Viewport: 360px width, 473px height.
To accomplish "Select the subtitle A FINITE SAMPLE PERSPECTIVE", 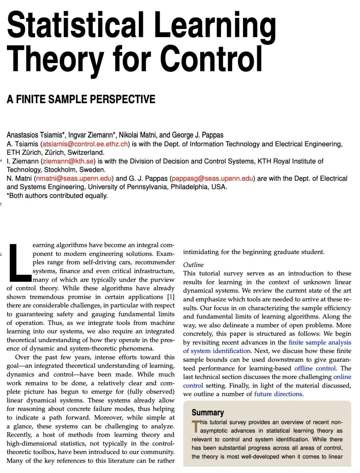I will click(x=81, y=99).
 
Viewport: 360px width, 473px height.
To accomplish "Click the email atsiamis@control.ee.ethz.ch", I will click(x=85, y=144).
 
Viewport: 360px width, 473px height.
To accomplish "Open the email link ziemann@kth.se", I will click(x=68, y=161).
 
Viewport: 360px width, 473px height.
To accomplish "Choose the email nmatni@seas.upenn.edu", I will click(x=74, y=178).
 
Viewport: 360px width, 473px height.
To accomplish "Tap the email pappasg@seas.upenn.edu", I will click(x=212, y=178).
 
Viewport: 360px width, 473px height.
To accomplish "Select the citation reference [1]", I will click(x=171, y=297).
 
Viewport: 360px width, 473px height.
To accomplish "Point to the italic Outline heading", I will click(x=193, y=265).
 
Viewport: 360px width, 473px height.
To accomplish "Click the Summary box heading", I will click(x=208, y=413).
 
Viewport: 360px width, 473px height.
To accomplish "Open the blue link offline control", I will click(x=315, y=368).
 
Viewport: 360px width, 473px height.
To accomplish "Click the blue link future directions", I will click(x=278, y=394).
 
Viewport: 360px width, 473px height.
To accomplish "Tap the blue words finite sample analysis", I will click(x=320, y=342).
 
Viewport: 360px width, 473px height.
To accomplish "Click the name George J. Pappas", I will click(x=198, y=135).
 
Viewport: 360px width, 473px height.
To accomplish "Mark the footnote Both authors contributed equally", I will click(x=57, y=196).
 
